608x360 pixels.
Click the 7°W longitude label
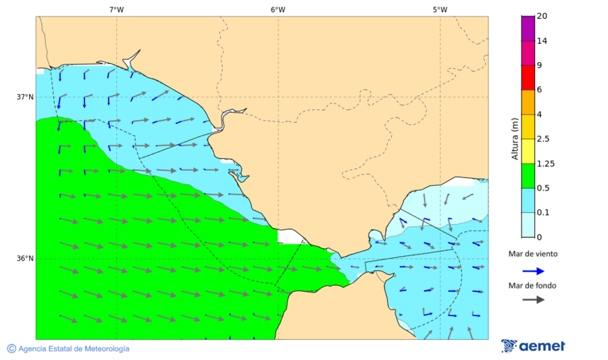pos(116,9)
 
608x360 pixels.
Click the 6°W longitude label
pos(278,9)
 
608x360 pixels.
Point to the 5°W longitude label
pos(440,9)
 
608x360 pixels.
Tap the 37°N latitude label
pos(25,97)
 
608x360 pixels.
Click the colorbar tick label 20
pos(542,16)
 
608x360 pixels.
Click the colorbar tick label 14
pos(542,41)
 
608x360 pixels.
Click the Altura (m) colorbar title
pos(514,138)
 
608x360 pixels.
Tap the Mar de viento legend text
pos(533,254)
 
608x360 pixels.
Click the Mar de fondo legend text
pos(533,285)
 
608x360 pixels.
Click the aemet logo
pos(533,346)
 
